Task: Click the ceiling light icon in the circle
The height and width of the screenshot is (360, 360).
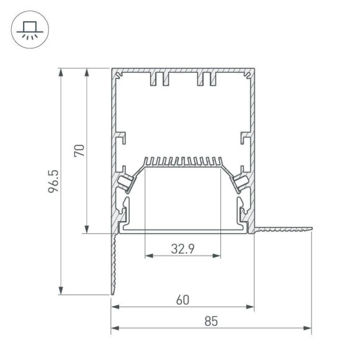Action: coord(27,29)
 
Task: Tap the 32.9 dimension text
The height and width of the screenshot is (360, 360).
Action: coord(182,250)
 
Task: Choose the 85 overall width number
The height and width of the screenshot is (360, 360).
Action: coord(211,322)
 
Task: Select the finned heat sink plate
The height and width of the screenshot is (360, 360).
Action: coord(182,163)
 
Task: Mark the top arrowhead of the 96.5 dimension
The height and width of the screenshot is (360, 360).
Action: coord(61,71)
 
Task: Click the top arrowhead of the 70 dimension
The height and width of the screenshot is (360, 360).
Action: coord(86,71)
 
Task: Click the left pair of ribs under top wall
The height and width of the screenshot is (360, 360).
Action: coord(160,79)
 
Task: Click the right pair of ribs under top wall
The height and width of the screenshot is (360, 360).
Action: coord(206,79)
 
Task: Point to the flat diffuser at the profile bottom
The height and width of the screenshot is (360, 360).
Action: coord(182,230)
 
